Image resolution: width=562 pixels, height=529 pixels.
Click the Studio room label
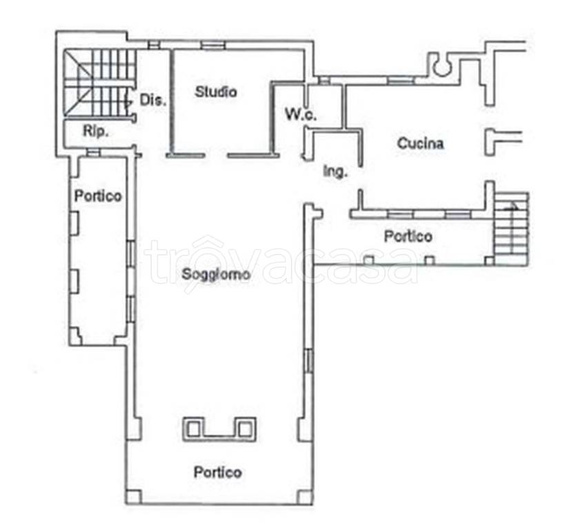click(x=216, y=92)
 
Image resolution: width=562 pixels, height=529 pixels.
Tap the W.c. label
click(x=301, y=114)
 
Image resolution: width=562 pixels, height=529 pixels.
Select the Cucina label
click(x=421, y=143)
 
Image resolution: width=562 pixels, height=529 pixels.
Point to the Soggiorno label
click(x=216, y=274)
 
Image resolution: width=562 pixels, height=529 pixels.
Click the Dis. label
click(x=153, y=100)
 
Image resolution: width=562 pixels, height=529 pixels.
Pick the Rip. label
click(x=96, y=131)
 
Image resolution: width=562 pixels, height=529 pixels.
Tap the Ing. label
click(x=336, y=172)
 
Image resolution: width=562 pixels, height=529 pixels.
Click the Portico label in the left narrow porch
click(x=98, y=196)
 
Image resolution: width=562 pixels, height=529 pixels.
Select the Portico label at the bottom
click(x=218, y=473)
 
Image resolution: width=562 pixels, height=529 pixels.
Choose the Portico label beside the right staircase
click(x=408, y=236)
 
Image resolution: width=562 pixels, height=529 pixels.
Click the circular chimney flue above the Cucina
click(x=441, y=66)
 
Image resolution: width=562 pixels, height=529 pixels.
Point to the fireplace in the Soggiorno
click(x=219, y=429)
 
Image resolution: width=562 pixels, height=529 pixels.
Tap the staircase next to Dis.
click(x=99, y=83)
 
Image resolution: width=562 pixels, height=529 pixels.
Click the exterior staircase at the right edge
click(x=512, y=229)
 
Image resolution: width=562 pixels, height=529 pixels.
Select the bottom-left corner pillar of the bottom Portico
click(x=133, y=497)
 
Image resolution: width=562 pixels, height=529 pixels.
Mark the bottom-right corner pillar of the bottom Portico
click(x=305, y=497)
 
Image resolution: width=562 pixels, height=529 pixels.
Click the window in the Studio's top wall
click(x=212, y=45)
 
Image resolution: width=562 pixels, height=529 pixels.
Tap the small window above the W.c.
click(x=324, y=81)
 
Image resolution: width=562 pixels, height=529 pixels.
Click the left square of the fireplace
click(x=194, y=429)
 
